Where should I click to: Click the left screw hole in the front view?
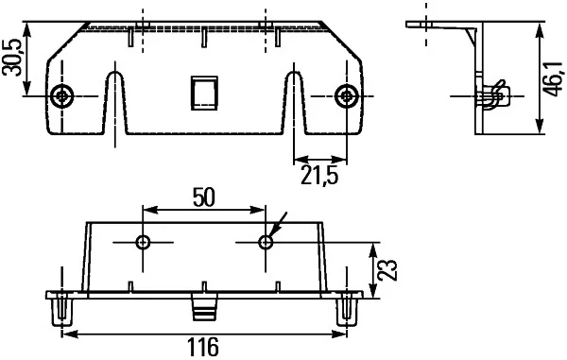pos(62,95)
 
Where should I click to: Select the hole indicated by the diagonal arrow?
pos(266,243)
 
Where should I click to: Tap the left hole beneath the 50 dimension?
pos(143,243)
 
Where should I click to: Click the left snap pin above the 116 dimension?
pos(62,308)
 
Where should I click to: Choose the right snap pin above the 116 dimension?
pos(347,308)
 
